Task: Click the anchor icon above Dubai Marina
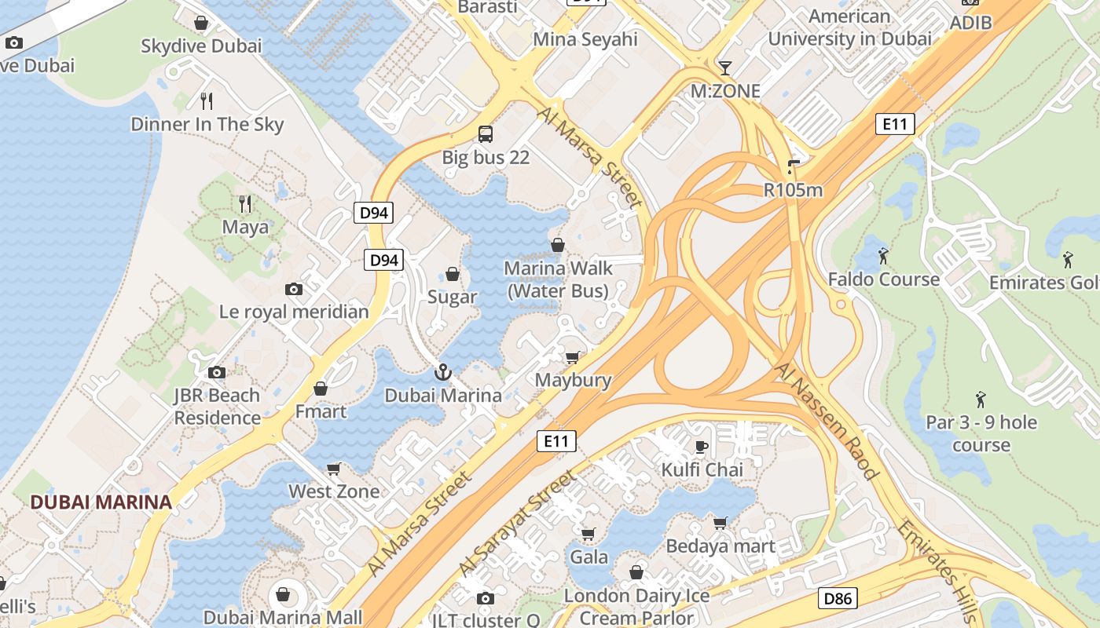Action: (442, 372)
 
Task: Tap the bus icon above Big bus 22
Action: (486, 133)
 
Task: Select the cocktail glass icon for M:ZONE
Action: (725, 68)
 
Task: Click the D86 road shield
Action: (837, 598)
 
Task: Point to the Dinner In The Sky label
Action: (207, 124)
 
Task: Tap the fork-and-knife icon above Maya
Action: (245, 204)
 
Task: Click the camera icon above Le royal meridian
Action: (294, 289)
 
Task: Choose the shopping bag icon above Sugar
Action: (453, 274)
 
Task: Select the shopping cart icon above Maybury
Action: (573, 357)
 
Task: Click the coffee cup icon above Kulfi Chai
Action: (702, 447)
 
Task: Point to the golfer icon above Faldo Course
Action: (883, 256)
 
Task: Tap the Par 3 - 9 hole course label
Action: (981, 433)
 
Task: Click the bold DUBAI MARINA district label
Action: (101, 502)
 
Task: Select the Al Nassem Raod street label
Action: (826, 421)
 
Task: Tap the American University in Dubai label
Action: (850, 27)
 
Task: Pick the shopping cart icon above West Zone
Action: (334, 469)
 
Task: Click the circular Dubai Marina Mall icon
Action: (283, 594)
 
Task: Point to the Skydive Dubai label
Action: (201, 46)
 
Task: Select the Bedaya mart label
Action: (720, 546)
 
